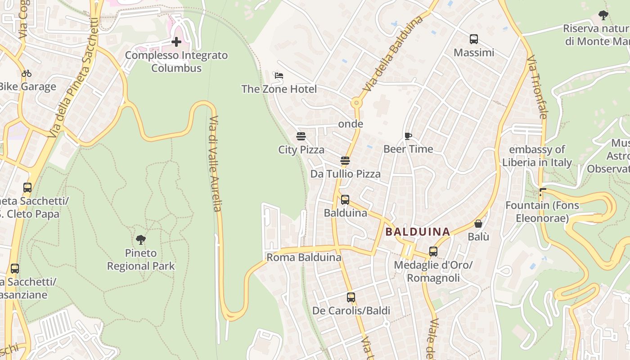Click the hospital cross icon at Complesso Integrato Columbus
coord(176,42)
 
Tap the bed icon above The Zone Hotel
coord(279,75)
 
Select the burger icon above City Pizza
coord(301,136)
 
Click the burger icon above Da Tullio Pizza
coord(345,161)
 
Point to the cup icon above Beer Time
coord(408,136)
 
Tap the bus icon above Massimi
coord(474,39)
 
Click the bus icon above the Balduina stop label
coord(345,199)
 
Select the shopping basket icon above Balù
coord(478,224)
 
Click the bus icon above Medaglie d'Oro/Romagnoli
coord(433,252)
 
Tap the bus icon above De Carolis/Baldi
coord(351,297)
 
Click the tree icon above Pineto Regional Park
coord(140,240)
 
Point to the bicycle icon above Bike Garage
coord(27,73)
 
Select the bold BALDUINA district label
coord(418,232)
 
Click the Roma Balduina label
coord(304,257)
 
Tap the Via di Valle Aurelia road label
coord(215,164)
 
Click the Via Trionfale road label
coord(537,87)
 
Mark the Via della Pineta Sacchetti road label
coord(74,77)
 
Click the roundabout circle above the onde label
coord(357,103)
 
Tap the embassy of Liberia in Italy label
coord(537,156)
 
